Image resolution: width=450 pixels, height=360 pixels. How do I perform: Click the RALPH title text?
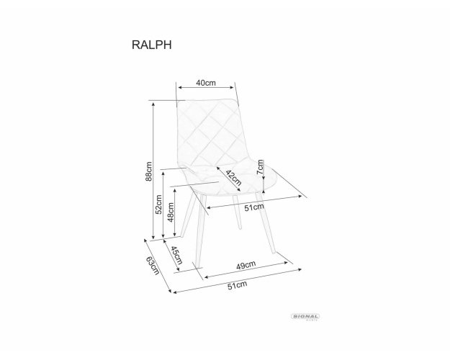pyautogui.click(x=151, y=45)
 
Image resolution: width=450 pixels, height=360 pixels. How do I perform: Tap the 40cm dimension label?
pyautogui.click(x=205, y=83)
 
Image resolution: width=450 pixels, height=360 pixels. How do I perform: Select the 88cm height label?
pyautogui.click(x=148, y=171)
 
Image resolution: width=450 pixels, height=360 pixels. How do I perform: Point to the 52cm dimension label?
pyautogui.click(x=158, y=204)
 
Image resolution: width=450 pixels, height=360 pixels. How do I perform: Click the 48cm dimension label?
pyautogui.click(x=171, y=212)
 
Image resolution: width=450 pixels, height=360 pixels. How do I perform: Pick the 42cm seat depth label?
pyautogui.click(x=233, y=178)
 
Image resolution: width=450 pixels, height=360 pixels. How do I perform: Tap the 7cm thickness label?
pyautogui.click(x=260, y=167)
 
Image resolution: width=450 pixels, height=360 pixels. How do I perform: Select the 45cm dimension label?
pyautogui.click(x=176, y=255)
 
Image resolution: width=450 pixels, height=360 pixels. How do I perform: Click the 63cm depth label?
pyautogui.click(x=153, y=265)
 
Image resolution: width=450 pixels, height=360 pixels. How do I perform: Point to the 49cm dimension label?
pyautogui.click(x=246, y=265)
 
